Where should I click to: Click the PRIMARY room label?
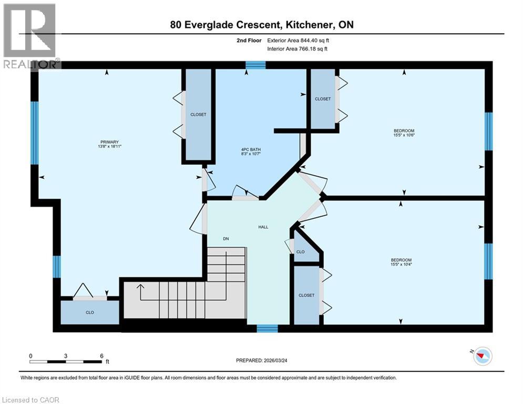click(x=110, y=142)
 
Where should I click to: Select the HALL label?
click(x=263, y=227)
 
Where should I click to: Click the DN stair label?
click(x=225, y=239)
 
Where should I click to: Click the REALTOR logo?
click(x=31, y=36)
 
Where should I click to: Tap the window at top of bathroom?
click(x=255, y=65)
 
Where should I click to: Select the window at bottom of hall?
click(x=267, y=329)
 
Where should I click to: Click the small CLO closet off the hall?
click(x=300, y=252)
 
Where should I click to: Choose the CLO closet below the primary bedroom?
click(x=90, y=312)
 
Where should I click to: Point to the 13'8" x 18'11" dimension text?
click(x=110, y=146)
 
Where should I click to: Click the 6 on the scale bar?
click(x=101, y=356)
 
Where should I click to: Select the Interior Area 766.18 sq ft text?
click(x=298, y=49)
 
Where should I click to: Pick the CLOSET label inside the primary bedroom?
click(x=198, y=115)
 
